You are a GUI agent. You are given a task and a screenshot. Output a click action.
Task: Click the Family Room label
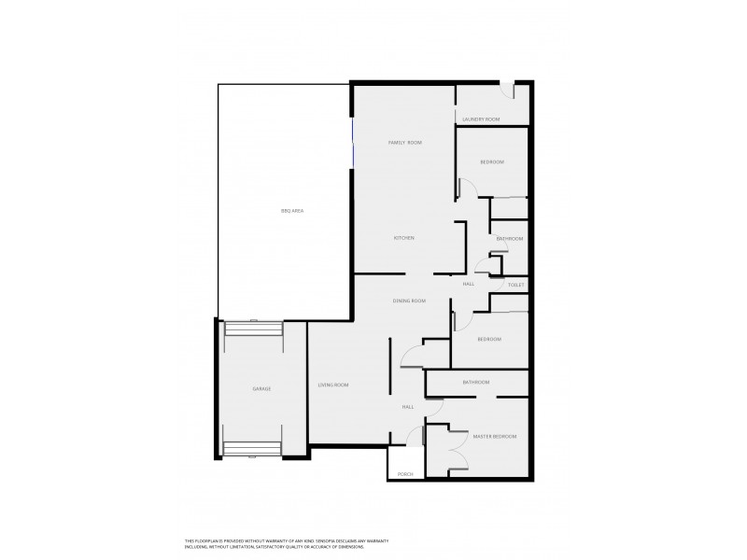click(405, 142)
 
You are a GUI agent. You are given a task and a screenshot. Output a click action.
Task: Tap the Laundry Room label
click(482, 119)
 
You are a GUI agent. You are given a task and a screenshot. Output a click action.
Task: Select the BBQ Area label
click(291, 211)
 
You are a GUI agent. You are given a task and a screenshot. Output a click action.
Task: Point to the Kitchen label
click(403, 238)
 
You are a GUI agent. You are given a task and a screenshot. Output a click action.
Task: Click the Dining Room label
click(409, 301)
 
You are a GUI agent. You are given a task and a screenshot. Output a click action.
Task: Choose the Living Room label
click(333, 385)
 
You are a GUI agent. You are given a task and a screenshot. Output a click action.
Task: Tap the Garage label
click(261, 388)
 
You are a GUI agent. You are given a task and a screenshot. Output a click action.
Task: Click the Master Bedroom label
click(494, 437)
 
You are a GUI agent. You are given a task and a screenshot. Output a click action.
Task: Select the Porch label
click(405, 474)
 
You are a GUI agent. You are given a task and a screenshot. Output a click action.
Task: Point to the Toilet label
click(516, 284)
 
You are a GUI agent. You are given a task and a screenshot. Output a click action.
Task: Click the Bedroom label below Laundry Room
click(492, 162)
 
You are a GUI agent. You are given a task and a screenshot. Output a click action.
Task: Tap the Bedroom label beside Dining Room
click(489, 339)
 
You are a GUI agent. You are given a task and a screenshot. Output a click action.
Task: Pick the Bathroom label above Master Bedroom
click(476, 383)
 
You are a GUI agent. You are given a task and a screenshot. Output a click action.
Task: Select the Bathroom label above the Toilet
click(510, 239)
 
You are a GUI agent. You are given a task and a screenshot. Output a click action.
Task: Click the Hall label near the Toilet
click(469, 284)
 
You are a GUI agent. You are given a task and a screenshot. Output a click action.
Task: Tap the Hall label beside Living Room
click(408, 407)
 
